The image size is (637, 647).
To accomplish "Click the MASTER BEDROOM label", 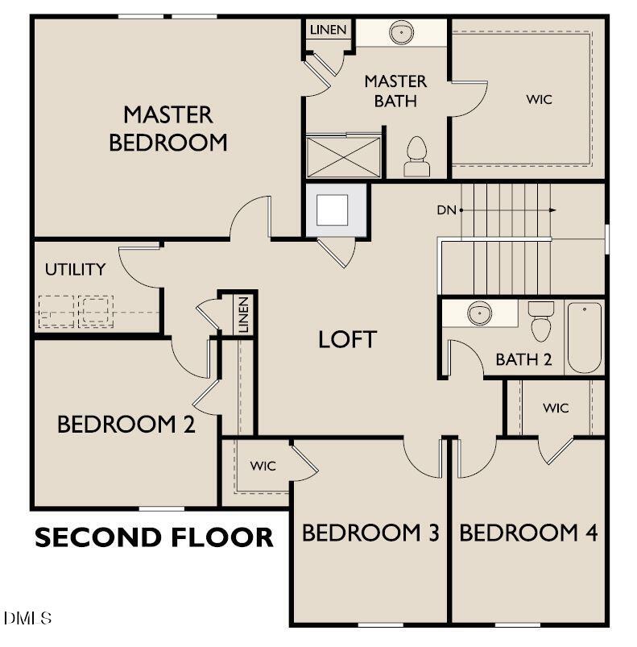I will coord(168,128).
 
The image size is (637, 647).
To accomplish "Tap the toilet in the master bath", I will coord(416,157).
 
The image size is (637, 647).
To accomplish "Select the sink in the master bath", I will coord(400,33).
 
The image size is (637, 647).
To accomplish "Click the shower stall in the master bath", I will coord(343,156).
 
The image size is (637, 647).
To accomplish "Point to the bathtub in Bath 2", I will coord(585,338).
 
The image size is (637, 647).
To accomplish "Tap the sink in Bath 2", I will coord(480,313).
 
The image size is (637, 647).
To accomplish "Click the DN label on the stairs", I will coord(447,210).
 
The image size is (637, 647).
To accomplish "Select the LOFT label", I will coord(347,339).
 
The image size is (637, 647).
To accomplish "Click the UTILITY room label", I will coord(75,269).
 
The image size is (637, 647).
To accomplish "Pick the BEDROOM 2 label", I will coord(126,425).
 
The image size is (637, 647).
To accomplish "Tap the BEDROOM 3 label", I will coord(370,533).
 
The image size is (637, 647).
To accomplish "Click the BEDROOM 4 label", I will coord(529,533).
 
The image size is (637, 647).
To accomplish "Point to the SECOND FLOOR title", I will coord(154,537).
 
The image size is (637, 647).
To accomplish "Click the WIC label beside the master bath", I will coord(540,99).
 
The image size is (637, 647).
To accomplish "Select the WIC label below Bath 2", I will coord(556,408).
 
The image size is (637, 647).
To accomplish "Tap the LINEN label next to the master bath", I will coord(329,30).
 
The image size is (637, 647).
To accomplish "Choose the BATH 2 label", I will coord(523,359).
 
